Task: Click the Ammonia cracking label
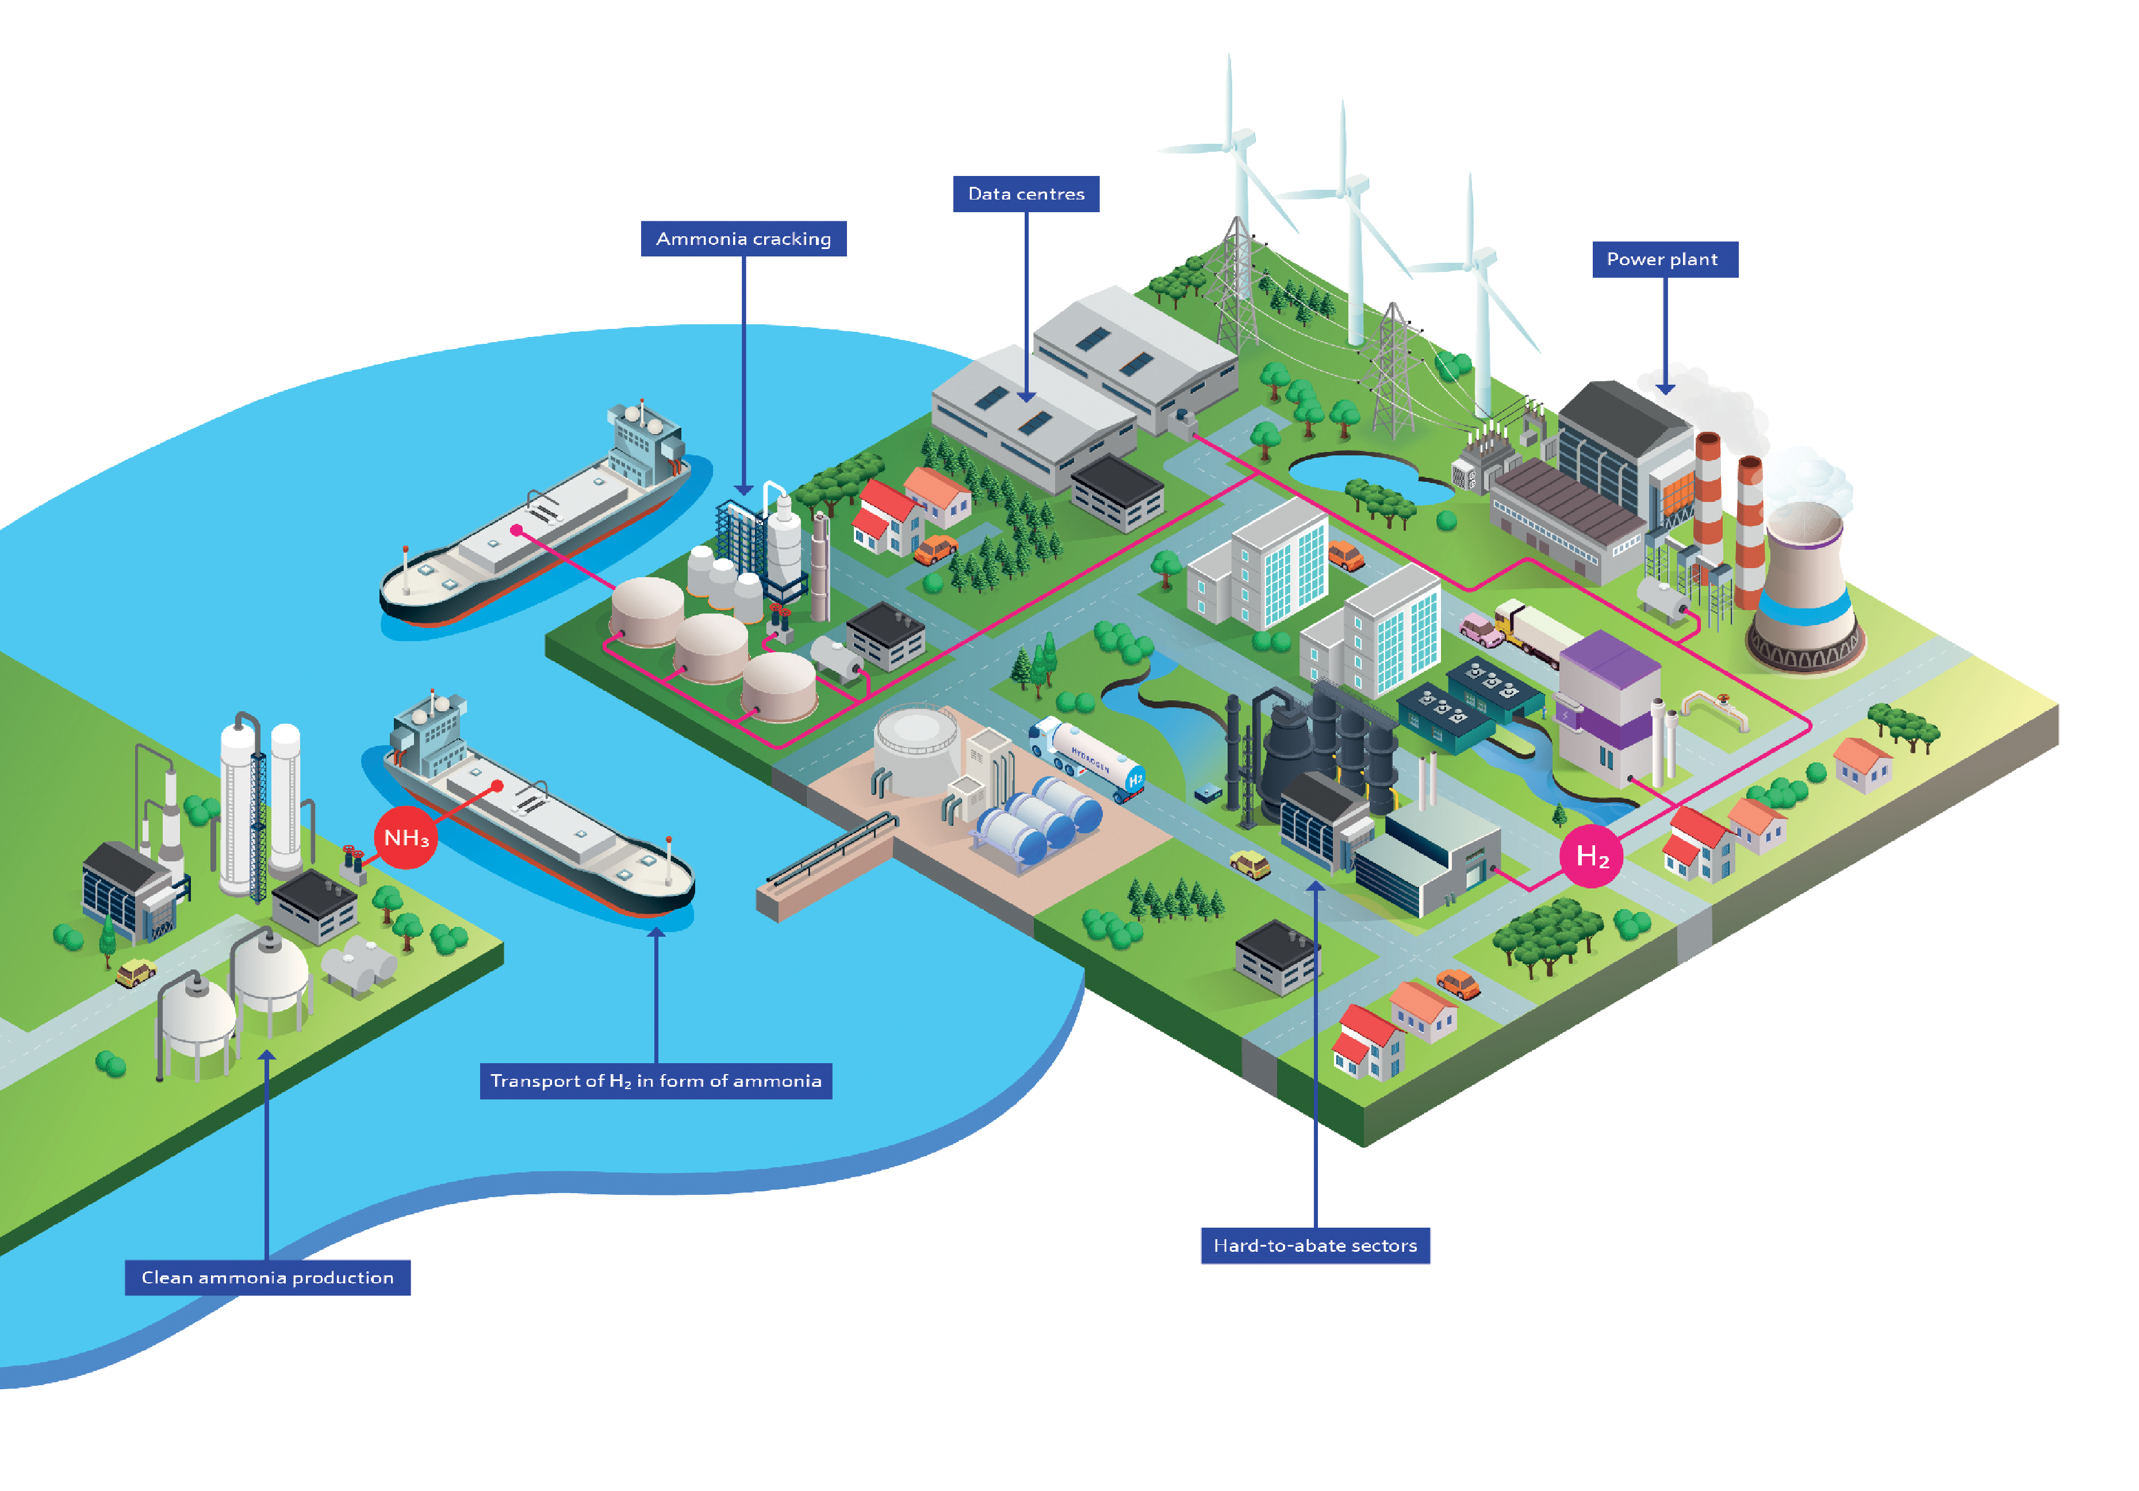click(x=743, y=239)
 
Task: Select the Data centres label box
click(x=1026, y=194)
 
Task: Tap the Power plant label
click(x=1665, y=259)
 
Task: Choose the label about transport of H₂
click(x=656, y=1081)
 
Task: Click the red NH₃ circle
click(x=405, y=838)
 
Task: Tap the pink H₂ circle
click(x=1591, y=856)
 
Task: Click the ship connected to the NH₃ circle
click(x=540, y=820)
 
